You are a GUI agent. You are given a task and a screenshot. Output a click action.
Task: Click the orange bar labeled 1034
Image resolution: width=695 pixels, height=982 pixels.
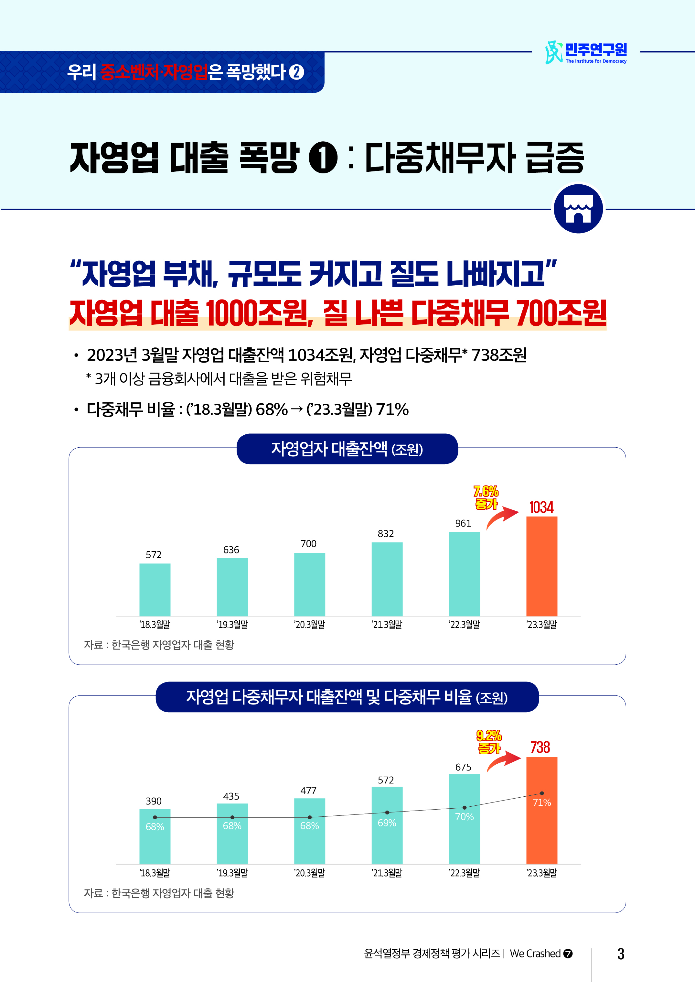541,566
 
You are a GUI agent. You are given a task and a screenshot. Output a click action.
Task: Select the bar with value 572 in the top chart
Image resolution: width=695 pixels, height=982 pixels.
155,589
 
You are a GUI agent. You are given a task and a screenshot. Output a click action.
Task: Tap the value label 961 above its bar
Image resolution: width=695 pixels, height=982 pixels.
463,523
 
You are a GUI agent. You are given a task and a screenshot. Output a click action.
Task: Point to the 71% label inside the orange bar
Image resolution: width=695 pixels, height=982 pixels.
541,802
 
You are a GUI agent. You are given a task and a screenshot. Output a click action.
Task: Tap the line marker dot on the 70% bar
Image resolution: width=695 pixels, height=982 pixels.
464,808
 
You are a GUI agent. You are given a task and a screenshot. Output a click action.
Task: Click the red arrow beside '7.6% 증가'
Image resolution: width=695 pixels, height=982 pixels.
503,517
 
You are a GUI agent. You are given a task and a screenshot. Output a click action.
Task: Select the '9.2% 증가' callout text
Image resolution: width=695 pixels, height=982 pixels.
489,742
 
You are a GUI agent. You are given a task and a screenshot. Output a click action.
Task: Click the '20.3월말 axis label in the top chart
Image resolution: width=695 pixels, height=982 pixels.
309,625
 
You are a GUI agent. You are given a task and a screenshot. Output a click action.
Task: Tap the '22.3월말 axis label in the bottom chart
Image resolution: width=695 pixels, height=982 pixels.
464,873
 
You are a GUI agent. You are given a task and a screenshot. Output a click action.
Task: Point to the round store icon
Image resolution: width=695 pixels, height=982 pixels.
578,209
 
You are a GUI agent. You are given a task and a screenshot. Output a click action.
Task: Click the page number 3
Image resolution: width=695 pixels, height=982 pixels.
621,954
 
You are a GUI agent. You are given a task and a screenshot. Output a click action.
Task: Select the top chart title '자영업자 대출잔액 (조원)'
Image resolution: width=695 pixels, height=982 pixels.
347,449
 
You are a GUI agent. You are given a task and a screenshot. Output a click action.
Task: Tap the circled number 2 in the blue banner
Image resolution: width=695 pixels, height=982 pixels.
296,72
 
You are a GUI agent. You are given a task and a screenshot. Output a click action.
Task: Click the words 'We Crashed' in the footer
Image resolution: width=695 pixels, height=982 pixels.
535,953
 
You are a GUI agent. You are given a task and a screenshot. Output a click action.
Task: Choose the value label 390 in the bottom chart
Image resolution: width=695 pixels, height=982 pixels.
154,801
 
